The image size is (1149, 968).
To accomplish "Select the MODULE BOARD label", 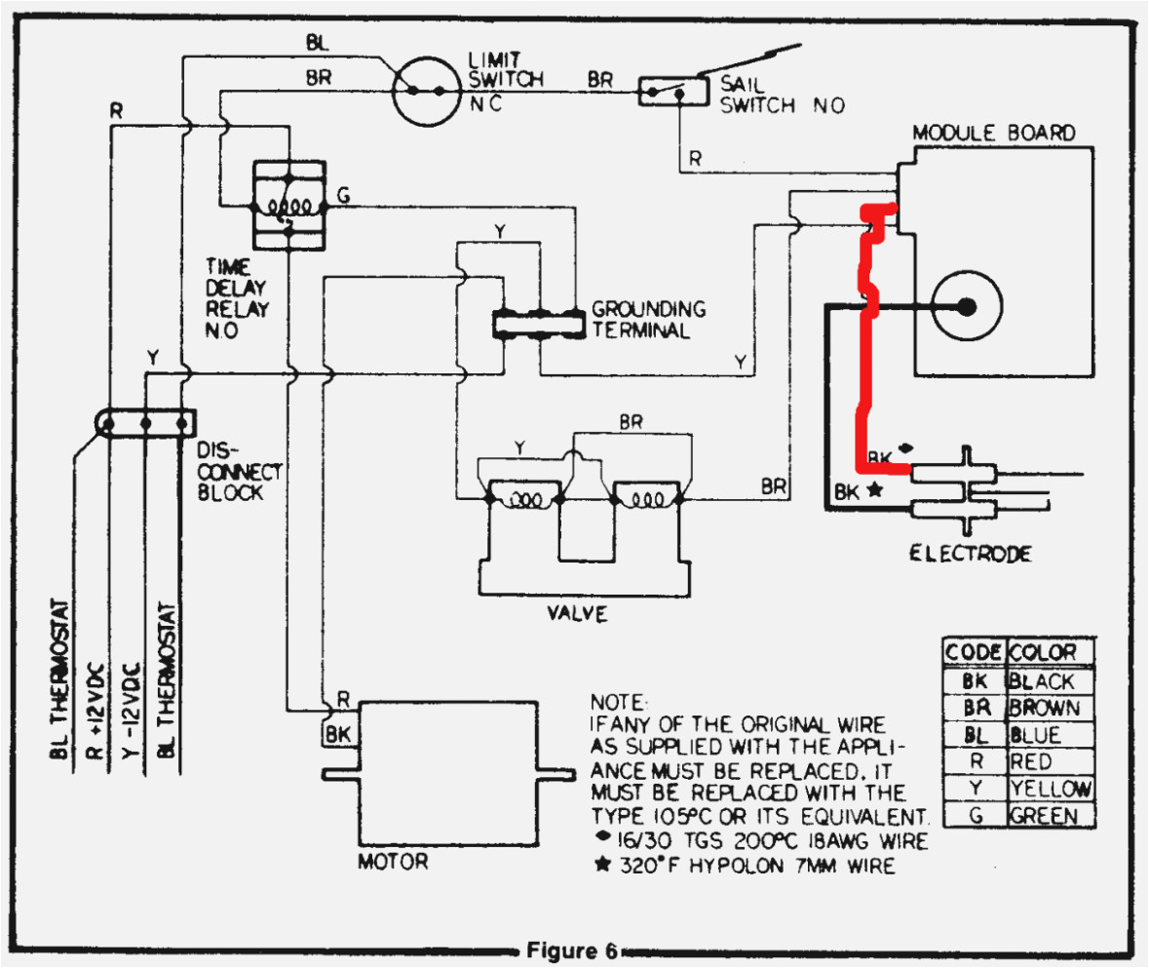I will pos(993,133).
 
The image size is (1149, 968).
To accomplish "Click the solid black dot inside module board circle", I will pos(966,306).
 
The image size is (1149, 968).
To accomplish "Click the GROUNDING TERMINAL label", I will pos(648,319).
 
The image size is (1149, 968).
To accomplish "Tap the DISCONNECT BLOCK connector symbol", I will pos(146,423).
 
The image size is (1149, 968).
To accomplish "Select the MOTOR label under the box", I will pos(393,863).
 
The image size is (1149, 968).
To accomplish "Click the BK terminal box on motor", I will pos(337,734).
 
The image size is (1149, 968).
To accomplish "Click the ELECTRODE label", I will pos(970,554).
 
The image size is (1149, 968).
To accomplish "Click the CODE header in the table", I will pos(973,653).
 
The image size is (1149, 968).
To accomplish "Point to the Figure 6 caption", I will pos(568,950).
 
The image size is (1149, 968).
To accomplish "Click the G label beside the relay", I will pos(343,194).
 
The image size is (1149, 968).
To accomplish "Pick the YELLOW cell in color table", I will pos(1050,788).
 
